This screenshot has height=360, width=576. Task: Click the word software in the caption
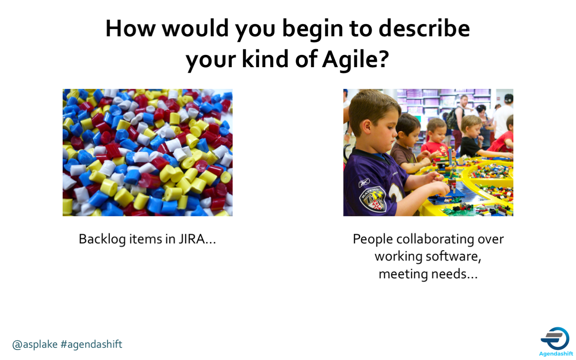(454, 256)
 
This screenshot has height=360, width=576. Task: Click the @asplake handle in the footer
(35, 344)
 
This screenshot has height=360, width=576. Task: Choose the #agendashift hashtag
(91, 344)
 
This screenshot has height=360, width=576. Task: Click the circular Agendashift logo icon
(555, 338)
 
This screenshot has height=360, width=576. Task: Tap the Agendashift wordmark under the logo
(556, 354)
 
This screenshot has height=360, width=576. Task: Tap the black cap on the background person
(508, 98)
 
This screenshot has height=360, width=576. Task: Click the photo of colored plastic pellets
(147, 152)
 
